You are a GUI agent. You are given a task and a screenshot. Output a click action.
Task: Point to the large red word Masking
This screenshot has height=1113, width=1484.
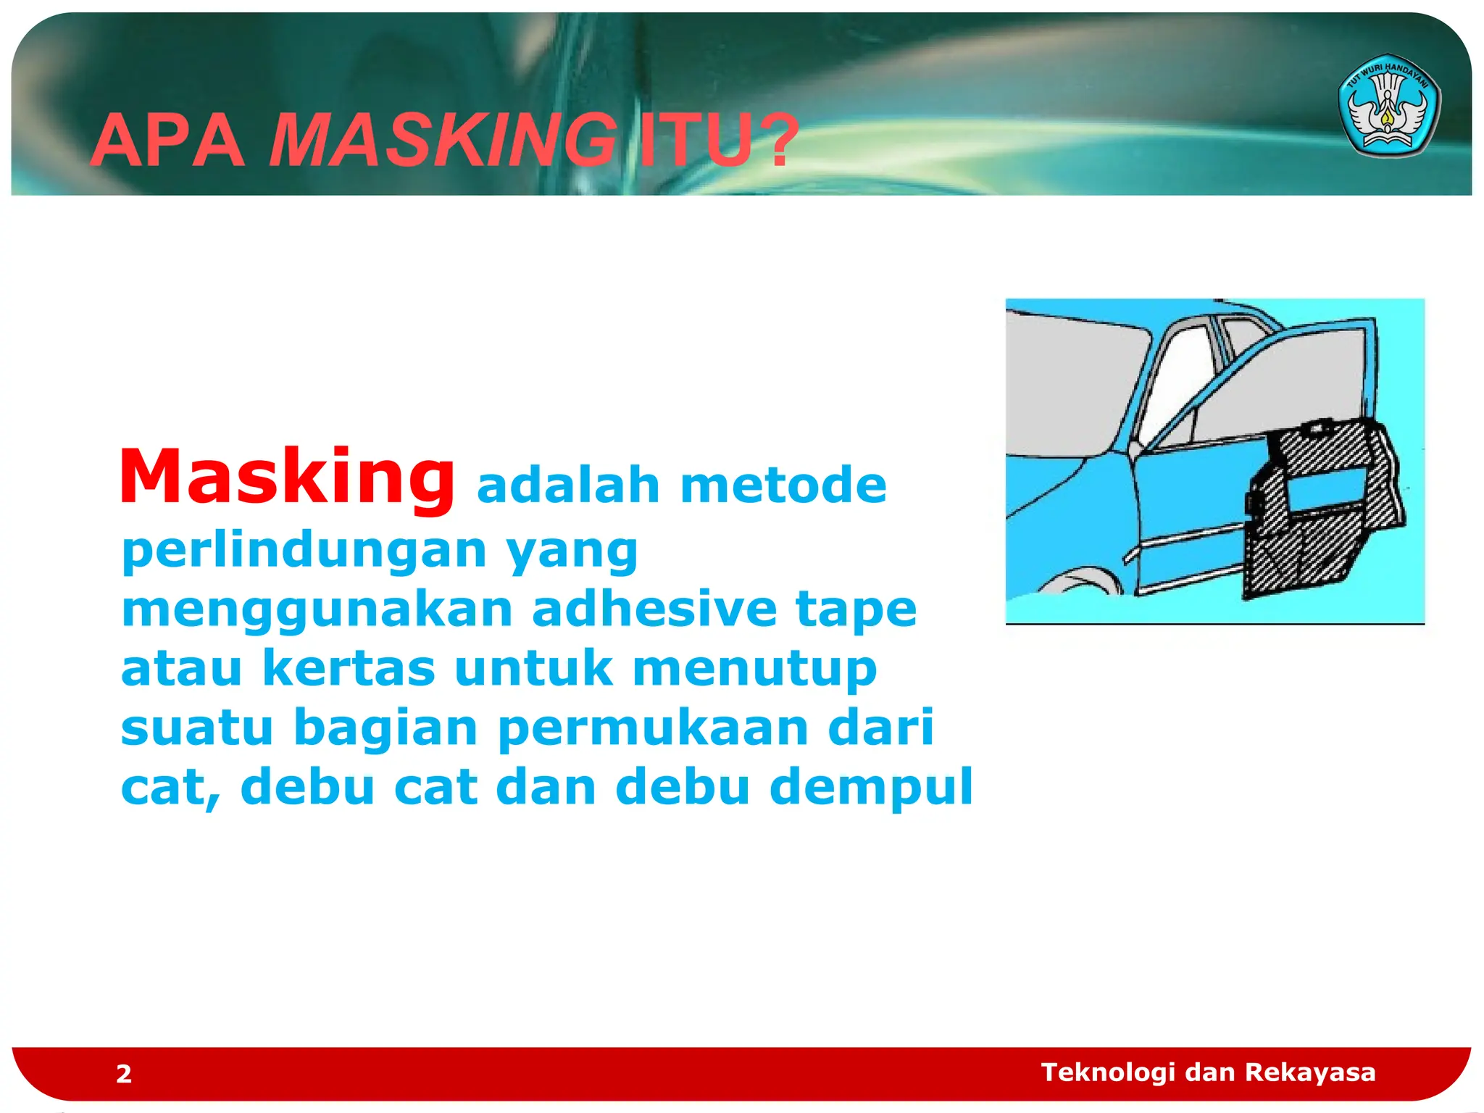tap(287, 477)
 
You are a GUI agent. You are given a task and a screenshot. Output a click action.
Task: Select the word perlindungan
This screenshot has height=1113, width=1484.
tap(304, 551)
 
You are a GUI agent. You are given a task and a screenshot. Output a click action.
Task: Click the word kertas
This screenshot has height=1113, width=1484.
tap(349, 667)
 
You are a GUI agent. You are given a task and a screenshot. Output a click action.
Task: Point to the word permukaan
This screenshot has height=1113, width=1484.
tap(652, 728)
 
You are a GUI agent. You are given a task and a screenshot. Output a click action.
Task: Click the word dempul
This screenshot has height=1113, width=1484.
tap(870, 787)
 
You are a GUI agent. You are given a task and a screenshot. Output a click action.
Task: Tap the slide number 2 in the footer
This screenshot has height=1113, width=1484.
tap(124, 1074)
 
